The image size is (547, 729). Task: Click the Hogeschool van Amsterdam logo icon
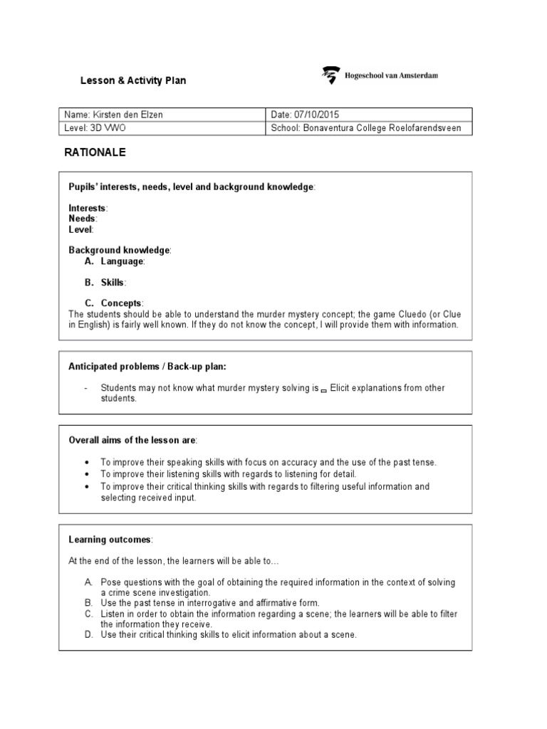(330, 75)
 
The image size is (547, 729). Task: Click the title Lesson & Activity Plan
(132, 80)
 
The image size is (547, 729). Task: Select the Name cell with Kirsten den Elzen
(118, 115)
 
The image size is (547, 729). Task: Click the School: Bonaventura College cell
(366, 128)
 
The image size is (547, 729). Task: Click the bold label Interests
(87, 208)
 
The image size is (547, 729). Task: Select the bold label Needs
(82, 219)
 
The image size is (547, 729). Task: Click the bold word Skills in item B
(113, 283)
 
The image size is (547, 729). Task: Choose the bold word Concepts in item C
(121, 303)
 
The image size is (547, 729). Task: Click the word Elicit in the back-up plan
(343, 388)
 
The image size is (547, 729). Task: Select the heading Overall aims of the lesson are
(132, 441)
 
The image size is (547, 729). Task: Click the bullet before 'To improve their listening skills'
(86, 474)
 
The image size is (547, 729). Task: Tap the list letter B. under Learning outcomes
(88, 603)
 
